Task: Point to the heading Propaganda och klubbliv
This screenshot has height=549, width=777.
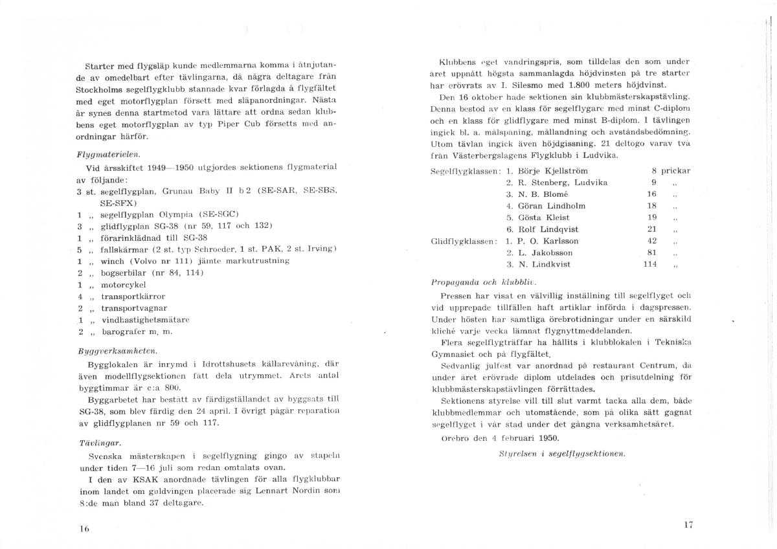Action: click(x=484, y=282)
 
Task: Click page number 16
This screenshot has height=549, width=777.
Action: click(x=84, y=528)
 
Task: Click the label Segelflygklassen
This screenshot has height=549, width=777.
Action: click(x=465, y=172)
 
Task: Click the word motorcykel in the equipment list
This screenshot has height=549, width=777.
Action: click(x=119, y=284)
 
